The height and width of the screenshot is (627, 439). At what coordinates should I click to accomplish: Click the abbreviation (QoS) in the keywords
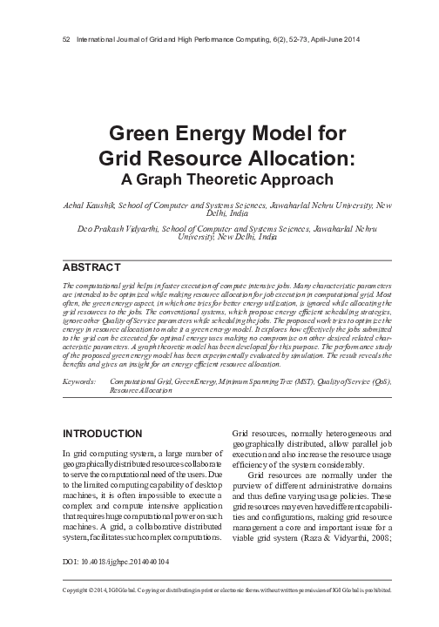click(381, 381)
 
